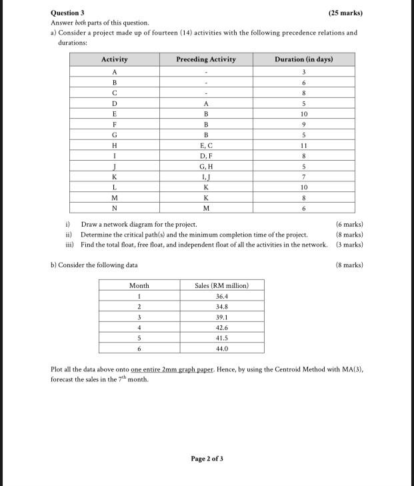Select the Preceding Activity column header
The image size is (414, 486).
205,59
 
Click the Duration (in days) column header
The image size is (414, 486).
303,59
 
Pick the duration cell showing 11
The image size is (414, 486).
303,145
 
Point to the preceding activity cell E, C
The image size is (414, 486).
205,145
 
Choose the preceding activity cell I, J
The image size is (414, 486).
205,177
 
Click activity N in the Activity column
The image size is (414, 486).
115,207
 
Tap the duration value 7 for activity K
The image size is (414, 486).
303,177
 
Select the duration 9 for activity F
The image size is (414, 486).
303,124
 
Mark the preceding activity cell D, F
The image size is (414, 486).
205,156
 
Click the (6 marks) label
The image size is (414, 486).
349,225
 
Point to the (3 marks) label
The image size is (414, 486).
349,245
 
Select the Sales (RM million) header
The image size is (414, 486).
221,285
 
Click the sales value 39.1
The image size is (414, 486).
221,317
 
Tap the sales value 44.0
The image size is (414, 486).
221,349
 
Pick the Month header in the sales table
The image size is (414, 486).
139,285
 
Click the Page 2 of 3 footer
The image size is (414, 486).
207,459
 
